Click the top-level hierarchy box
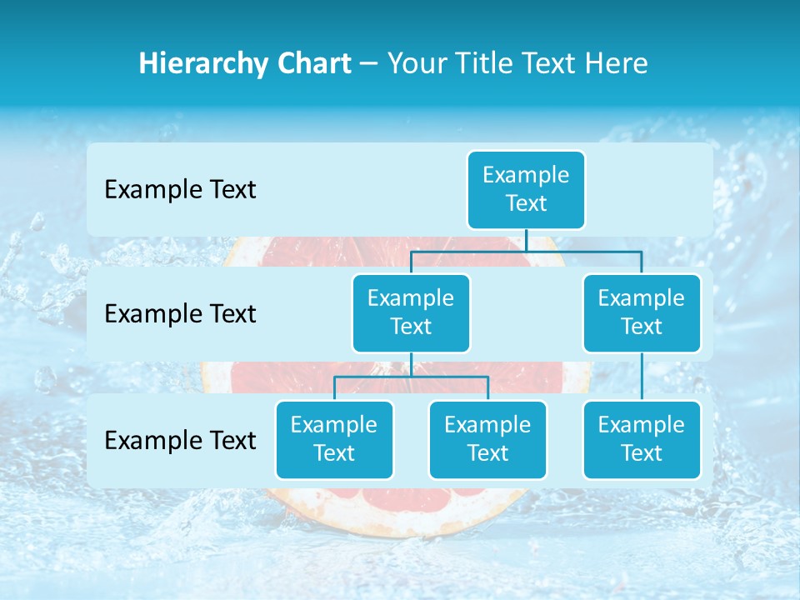526,189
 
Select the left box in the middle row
411,312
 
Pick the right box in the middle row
642,312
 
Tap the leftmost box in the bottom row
334,439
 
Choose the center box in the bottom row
487,439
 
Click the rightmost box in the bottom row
642,439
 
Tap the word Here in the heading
617,63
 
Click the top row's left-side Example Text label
180,189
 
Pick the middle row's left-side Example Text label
180,313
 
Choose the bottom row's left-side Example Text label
180,440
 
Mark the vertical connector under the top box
527,240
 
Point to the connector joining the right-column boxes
642,377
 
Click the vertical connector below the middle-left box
411,364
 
